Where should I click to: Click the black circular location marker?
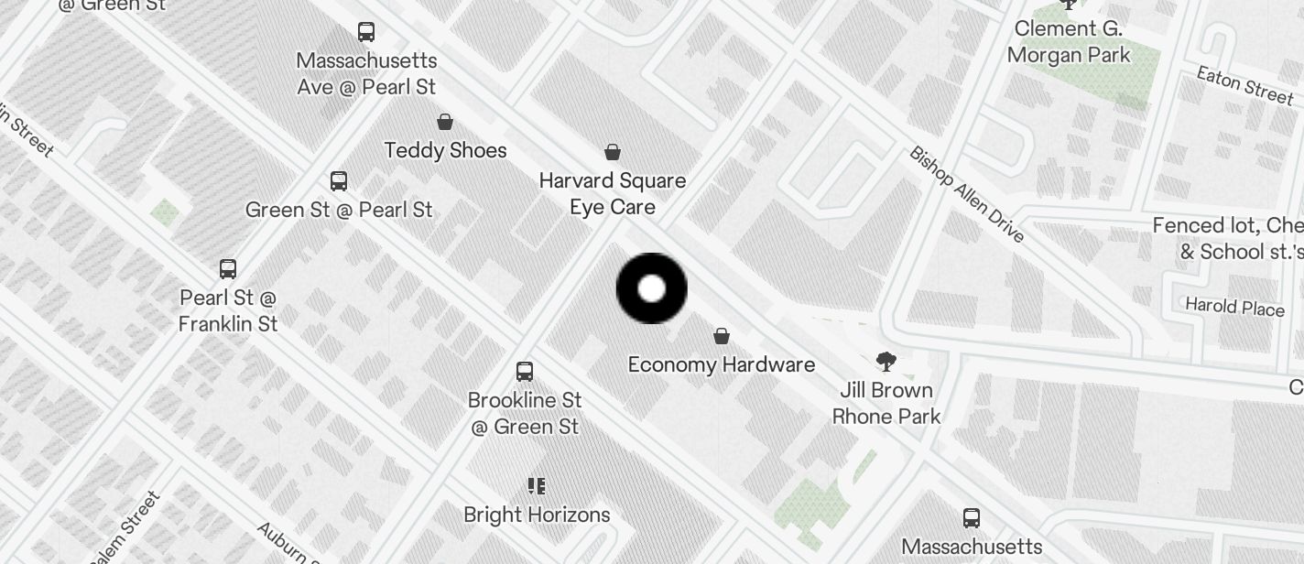point(651,288)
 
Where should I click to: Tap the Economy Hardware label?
point(722,364)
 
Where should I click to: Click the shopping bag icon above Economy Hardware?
point(722,336)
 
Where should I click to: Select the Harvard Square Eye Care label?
point(613,193)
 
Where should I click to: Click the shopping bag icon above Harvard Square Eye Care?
point(613,152)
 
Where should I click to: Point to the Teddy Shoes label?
point(446,150)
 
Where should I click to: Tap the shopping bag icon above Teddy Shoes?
point(445,122)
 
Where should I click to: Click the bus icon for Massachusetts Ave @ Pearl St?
point(366,32)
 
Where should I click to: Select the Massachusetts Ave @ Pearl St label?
point(366,74)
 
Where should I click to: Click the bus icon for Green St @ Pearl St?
point(339,180)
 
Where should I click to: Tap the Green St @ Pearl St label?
point(339,210)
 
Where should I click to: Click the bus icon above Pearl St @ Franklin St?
point(228,269)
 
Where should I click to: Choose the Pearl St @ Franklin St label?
point(228,310)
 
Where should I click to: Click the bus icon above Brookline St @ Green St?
point(525,372)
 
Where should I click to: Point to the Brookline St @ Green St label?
point(525,413)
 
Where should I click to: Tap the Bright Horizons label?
point(537,515)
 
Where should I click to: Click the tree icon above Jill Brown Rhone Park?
point(886,361)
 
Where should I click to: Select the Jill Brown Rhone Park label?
point(886,403)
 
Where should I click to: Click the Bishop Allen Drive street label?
point(966,194)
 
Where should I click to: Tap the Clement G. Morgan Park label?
point(1069,41)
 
